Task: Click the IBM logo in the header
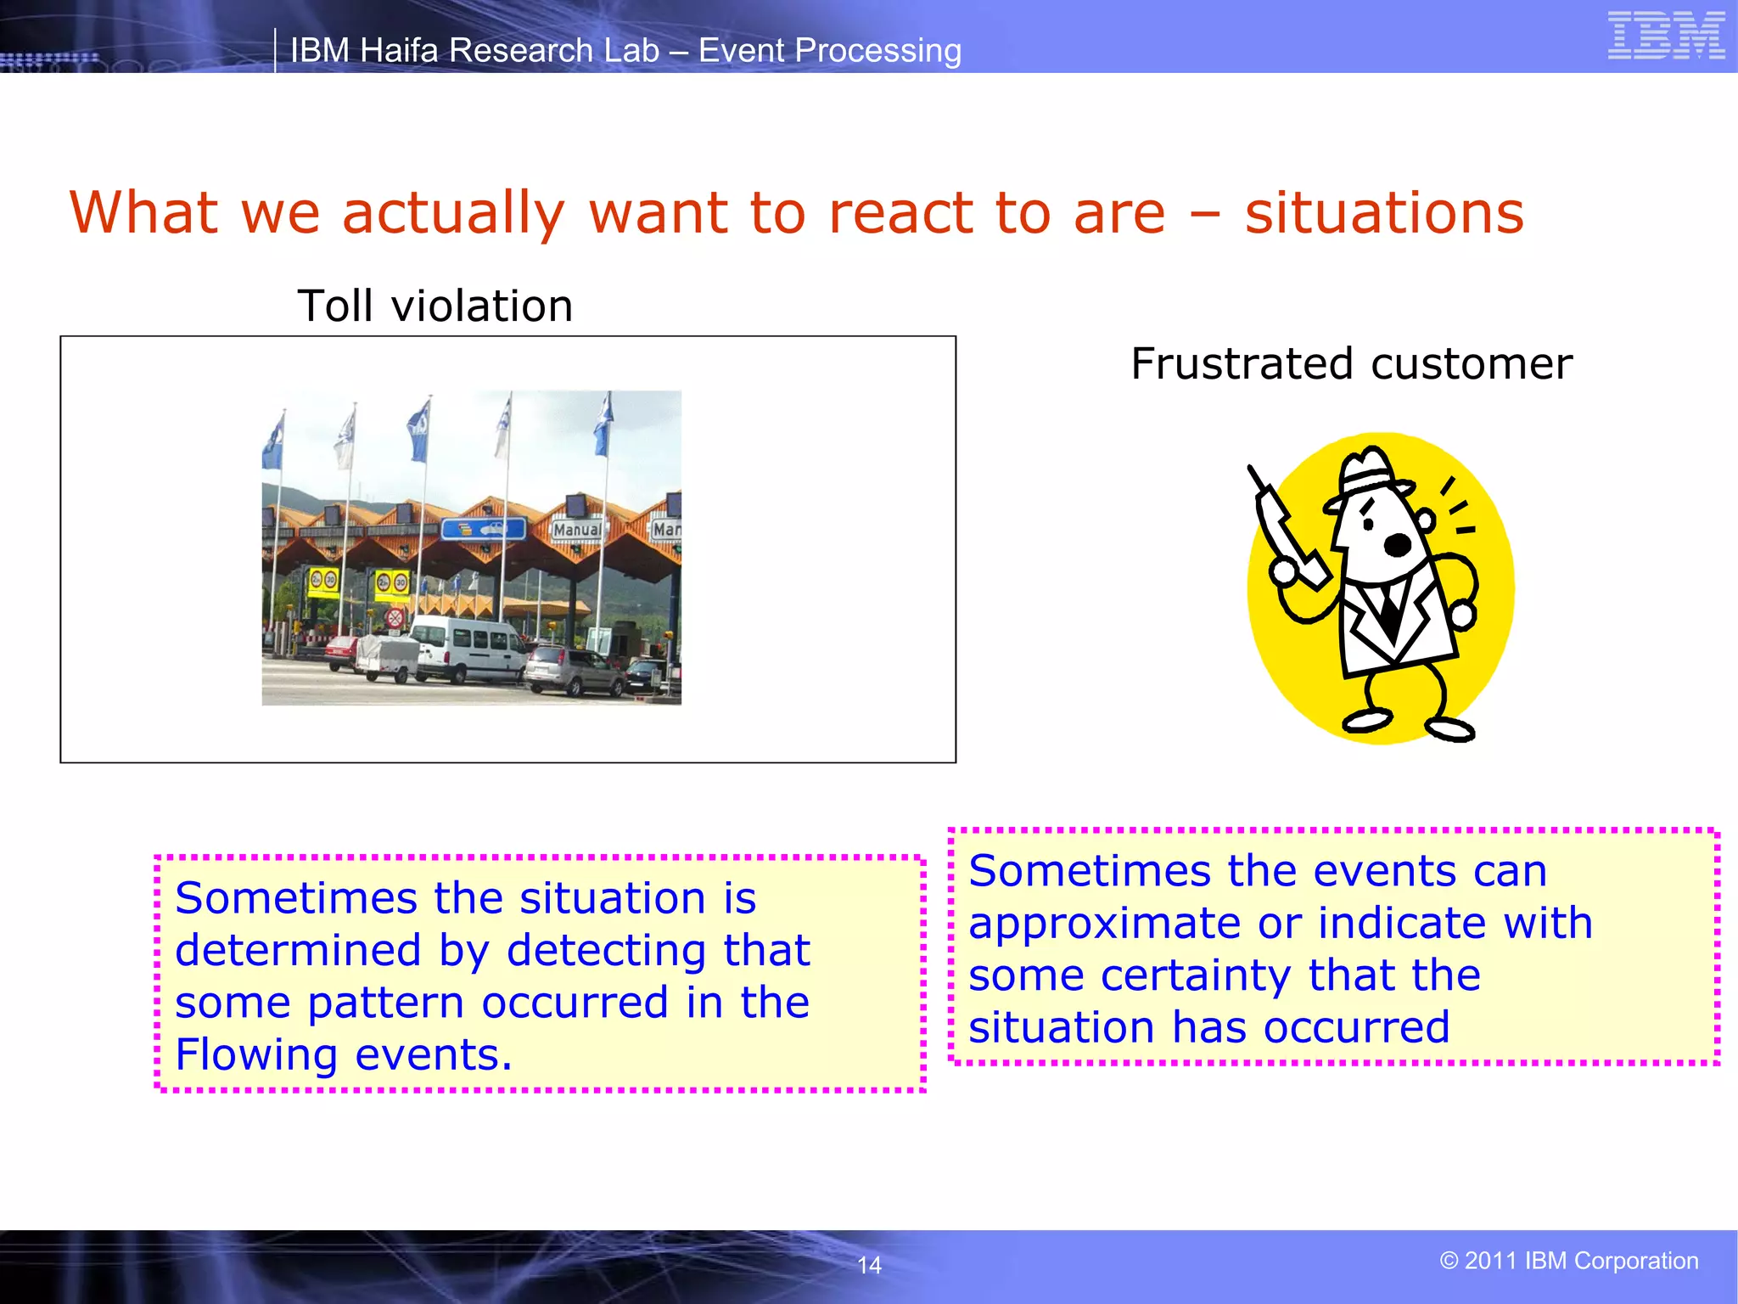pos(1666,36)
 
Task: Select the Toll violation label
pos(435,306)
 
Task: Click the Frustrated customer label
pos(1351,364)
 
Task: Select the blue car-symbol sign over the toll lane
pos(483,530)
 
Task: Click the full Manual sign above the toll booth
pos(577,529)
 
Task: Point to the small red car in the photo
pos(341,653)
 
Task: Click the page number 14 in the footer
pos(869,1265)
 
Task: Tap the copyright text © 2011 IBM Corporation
pos(1568,1261)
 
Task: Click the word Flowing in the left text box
pos(256,1054)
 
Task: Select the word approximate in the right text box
pos(1104,924)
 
